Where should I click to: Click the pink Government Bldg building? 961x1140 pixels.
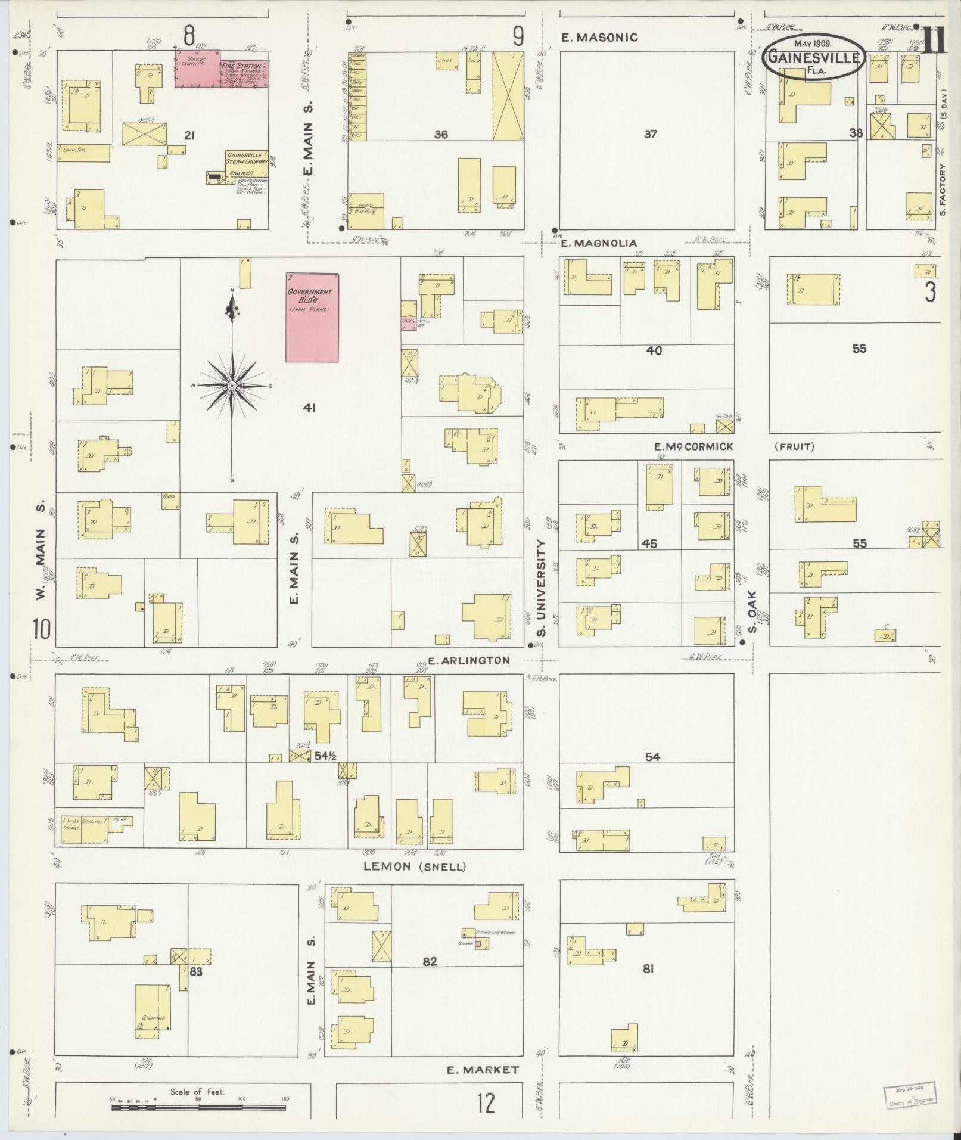point(312,317)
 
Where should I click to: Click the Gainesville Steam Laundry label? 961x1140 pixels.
point(246,158)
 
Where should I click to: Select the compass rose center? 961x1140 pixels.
point(232,386)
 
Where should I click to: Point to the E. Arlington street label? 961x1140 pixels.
point(468,660)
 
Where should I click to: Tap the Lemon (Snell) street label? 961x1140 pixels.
point(415,866)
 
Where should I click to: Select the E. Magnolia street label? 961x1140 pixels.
point(598,243)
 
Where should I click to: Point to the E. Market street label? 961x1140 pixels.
point(483,1070)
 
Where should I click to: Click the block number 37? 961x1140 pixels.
point(650,134)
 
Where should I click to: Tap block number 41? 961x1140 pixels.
point(309,408)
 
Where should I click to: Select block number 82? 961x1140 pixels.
point(430,961)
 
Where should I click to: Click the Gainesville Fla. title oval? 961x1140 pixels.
point(814,58)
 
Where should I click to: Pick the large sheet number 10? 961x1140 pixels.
point(42,629)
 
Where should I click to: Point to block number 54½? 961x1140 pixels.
point(326,756)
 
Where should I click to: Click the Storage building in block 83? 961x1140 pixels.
point(153,1014)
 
